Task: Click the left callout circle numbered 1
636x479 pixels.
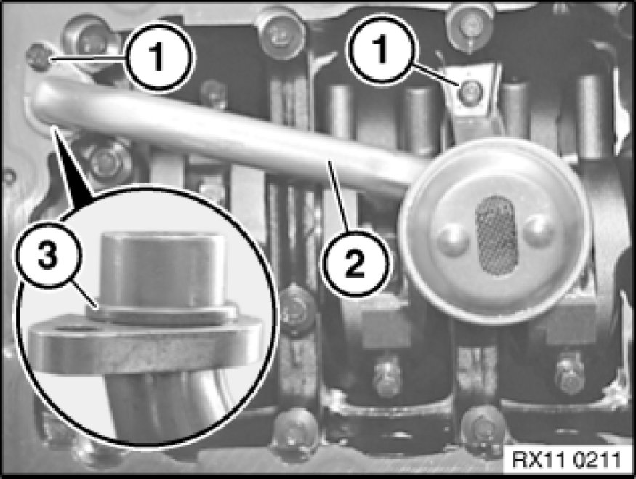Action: [159, 56]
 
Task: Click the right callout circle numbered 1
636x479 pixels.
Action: [381, 49]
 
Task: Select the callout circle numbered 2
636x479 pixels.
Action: [355, 263]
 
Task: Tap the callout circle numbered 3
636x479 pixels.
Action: [48, 256]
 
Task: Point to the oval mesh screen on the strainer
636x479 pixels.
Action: [496, 236]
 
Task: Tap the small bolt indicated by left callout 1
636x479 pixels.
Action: [38, 57]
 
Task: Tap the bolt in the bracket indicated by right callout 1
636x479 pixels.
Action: [471, 92]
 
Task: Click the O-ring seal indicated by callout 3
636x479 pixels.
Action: [161, 314]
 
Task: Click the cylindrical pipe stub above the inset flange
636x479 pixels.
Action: [162, 270]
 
